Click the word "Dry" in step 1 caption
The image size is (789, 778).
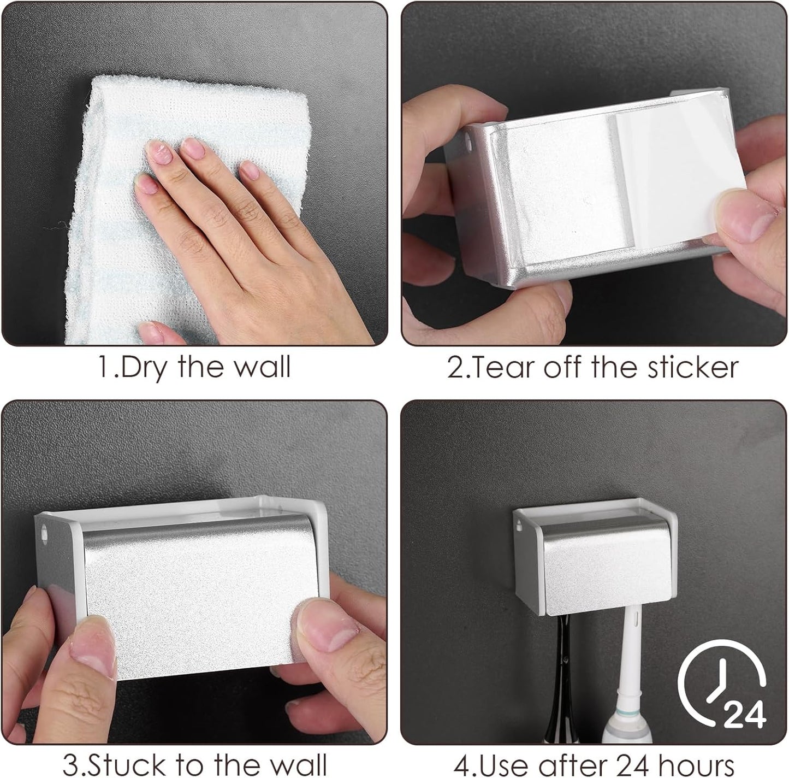click(143, 368)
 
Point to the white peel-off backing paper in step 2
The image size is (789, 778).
click(677, 175)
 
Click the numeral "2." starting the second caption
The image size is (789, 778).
click(456, 368)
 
